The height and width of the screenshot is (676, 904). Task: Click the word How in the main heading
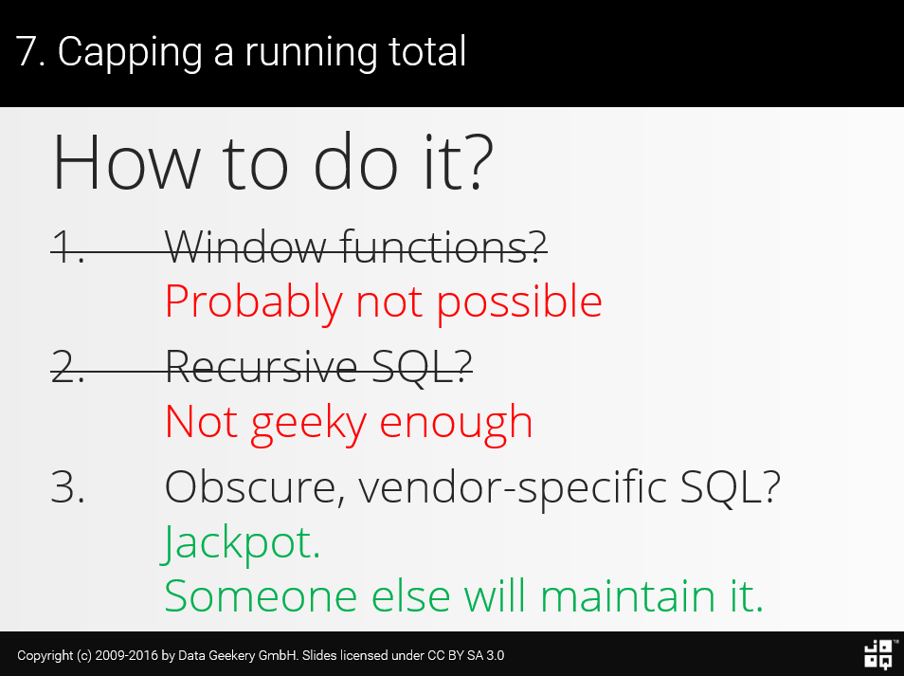pos(126,162)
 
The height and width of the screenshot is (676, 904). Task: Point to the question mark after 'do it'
pos(474,162)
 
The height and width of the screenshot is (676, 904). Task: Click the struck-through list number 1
pos(67,248)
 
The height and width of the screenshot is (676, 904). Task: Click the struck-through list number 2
pos(67,368)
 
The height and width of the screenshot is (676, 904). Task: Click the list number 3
pos(67,487)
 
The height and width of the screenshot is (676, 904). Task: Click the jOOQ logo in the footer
pos(877,654)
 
